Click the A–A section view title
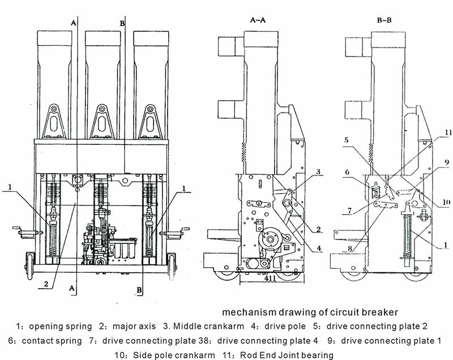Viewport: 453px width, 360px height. pyautogui.click(x=258, y=20)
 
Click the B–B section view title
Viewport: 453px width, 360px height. pyautogui.click(x=384, y=20)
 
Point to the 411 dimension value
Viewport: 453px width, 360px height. pyautogui.click(x=270, y=278)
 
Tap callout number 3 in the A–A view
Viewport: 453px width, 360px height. pyautogui.click(x=318, y=172)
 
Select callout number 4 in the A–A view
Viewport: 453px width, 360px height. pyautogui.click(x=319, y=248)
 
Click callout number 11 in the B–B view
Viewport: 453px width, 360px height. pyautogui.click(x=448, y=132)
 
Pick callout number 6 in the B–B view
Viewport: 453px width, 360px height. pyautogui.click(x=347, y=172)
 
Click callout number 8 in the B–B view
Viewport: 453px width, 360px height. pyautogui.click(x=350, y=248)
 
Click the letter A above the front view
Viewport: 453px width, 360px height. pyautogui.click(x=74, y=23)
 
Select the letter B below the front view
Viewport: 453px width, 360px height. pyautogui.click(x=139, y=290)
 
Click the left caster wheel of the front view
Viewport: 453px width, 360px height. pyautogui.click(x=29, y=266)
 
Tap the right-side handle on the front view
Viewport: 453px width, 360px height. pyautogui.click(x=177, y=233)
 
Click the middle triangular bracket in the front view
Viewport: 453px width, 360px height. pyautogui.click(x=102, y=121)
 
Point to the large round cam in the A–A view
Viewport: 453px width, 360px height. pyautogui.click(x=271, y=239)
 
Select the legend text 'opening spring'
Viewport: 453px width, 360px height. pyautogui.click(x=61, y=327)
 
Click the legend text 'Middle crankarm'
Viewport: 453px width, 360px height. pyautogui.click(x=208, y=326)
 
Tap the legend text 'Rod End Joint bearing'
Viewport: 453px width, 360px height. pyautogui.click(x=287, y=355)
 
